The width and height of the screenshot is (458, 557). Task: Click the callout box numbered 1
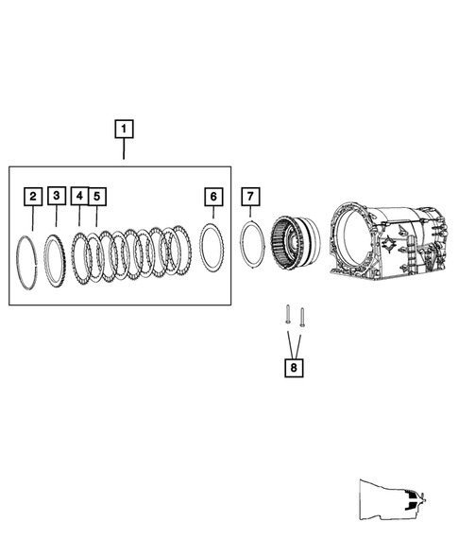[x=125, y=128]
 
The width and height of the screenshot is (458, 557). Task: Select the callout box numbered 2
[x=33, y=197]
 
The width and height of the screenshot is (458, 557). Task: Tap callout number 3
[x=57, y=196]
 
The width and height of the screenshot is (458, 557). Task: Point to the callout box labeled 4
[x=80, y=196]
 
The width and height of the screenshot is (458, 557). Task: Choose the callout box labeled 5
[x=96, y=196]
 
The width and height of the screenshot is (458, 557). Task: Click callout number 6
[x=214, y=196]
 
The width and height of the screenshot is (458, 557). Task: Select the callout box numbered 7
[x=249, y=196]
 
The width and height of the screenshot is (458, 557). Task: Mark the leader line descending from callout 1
[x=125, y=150]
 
